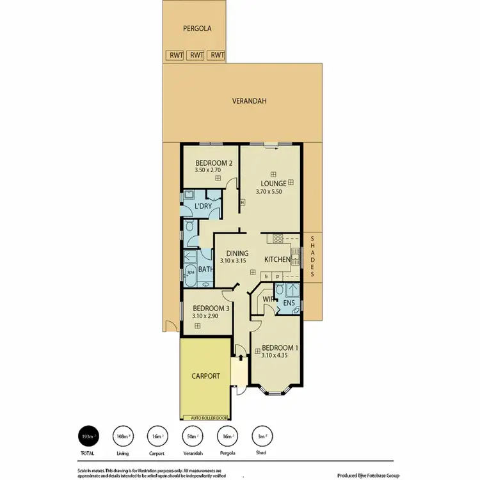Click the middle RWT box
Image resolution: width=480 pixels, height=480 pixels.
pos(196,55)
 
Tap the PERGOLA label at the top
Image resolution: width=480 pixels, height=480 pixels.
pos(197,29)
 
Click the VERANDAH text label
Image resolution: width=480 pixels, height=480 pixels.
pos(249,101)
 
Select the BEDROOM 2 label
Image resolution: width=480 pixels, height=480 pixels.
pos(213,163)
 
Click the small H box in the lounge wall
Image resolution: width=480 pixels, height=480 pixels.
pos(243,204)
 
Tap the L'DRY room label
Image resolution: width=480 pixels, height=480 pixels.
pos(203,206)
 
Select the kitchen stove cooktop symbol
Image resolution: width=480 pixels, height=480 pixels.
pos(278,238)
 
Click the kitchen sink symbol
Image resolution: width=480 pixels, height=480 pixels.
pos(296,259)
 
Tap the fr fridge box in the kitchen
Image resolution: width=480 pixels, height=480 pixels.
pos(267,276)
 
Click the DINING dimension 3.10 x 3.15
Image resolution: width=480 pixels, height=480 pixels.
pos(234,261)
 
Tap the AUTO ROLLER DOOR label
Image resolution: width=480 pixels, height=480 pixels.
pos(205,417)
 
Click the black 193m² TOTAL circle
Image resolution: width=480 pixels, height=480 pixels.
pos(88,436)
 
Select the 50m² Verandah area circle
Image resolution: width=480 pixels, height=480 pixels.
pos(191,436)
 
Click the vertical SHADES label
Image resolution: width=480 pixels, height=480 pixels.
pos(313,257)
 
